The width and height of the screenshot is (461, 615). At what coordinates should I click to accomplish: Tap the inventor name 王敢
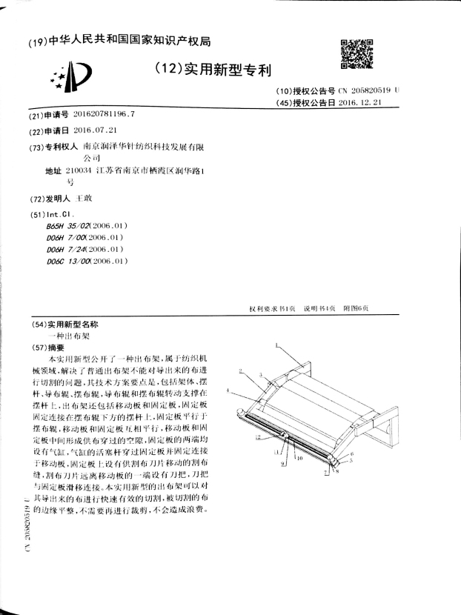pyautogui.click(x=84, y=199)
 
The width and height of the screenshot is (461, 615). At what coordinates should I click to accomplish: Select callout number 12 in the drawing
pyautogui.click(x=257, y=439)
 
